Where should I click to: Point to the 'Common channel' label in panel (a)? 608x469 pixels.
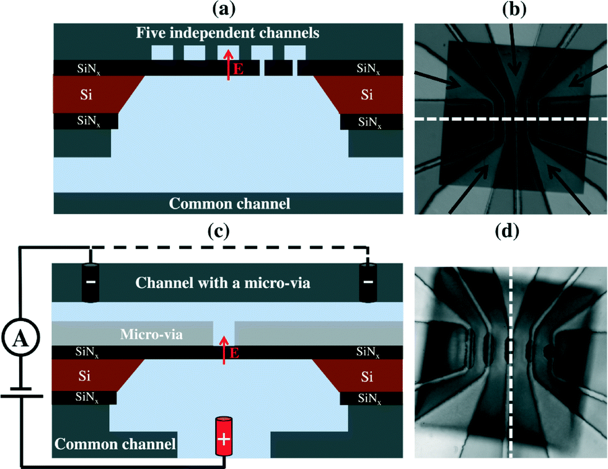pos(229,202)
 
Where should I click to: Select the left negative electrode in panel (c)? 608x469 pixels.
pos(90,283)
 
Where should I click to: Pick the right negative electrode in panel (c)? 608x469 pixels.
pos(368,283)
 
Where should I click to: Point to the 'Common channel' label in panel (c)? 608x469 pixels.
pos(115,444)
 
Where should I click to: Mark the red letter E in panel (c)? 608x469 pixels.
pos(234,354)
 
